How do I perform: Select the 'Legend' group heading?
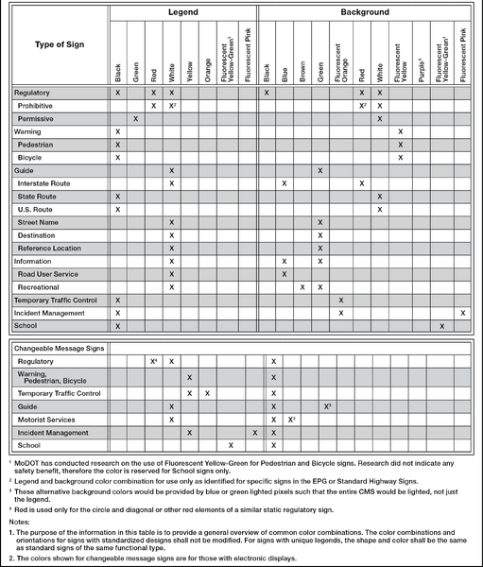pos(183,12)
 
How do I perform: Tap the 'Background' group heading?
pos(365,12)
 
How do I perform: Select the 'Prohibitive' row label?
pos(35,106)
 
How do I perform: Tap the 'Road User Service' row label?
pos(47,273)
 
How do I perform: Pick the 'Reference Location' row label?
pos(49,248)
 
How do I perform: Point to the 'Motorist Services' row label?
pos(45,419)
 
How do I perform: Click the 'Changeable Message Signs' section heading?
pos(57,348)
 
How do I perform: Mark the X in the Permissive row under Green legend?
pos(135,119)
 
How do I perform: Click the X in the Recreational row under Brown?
pos(302,286)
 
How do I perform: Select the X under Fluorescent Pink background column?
pos(462,312)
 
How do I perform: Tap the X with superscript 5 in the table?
pos(325,405)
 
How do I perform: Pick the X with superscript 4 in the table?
pos(153,361)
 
